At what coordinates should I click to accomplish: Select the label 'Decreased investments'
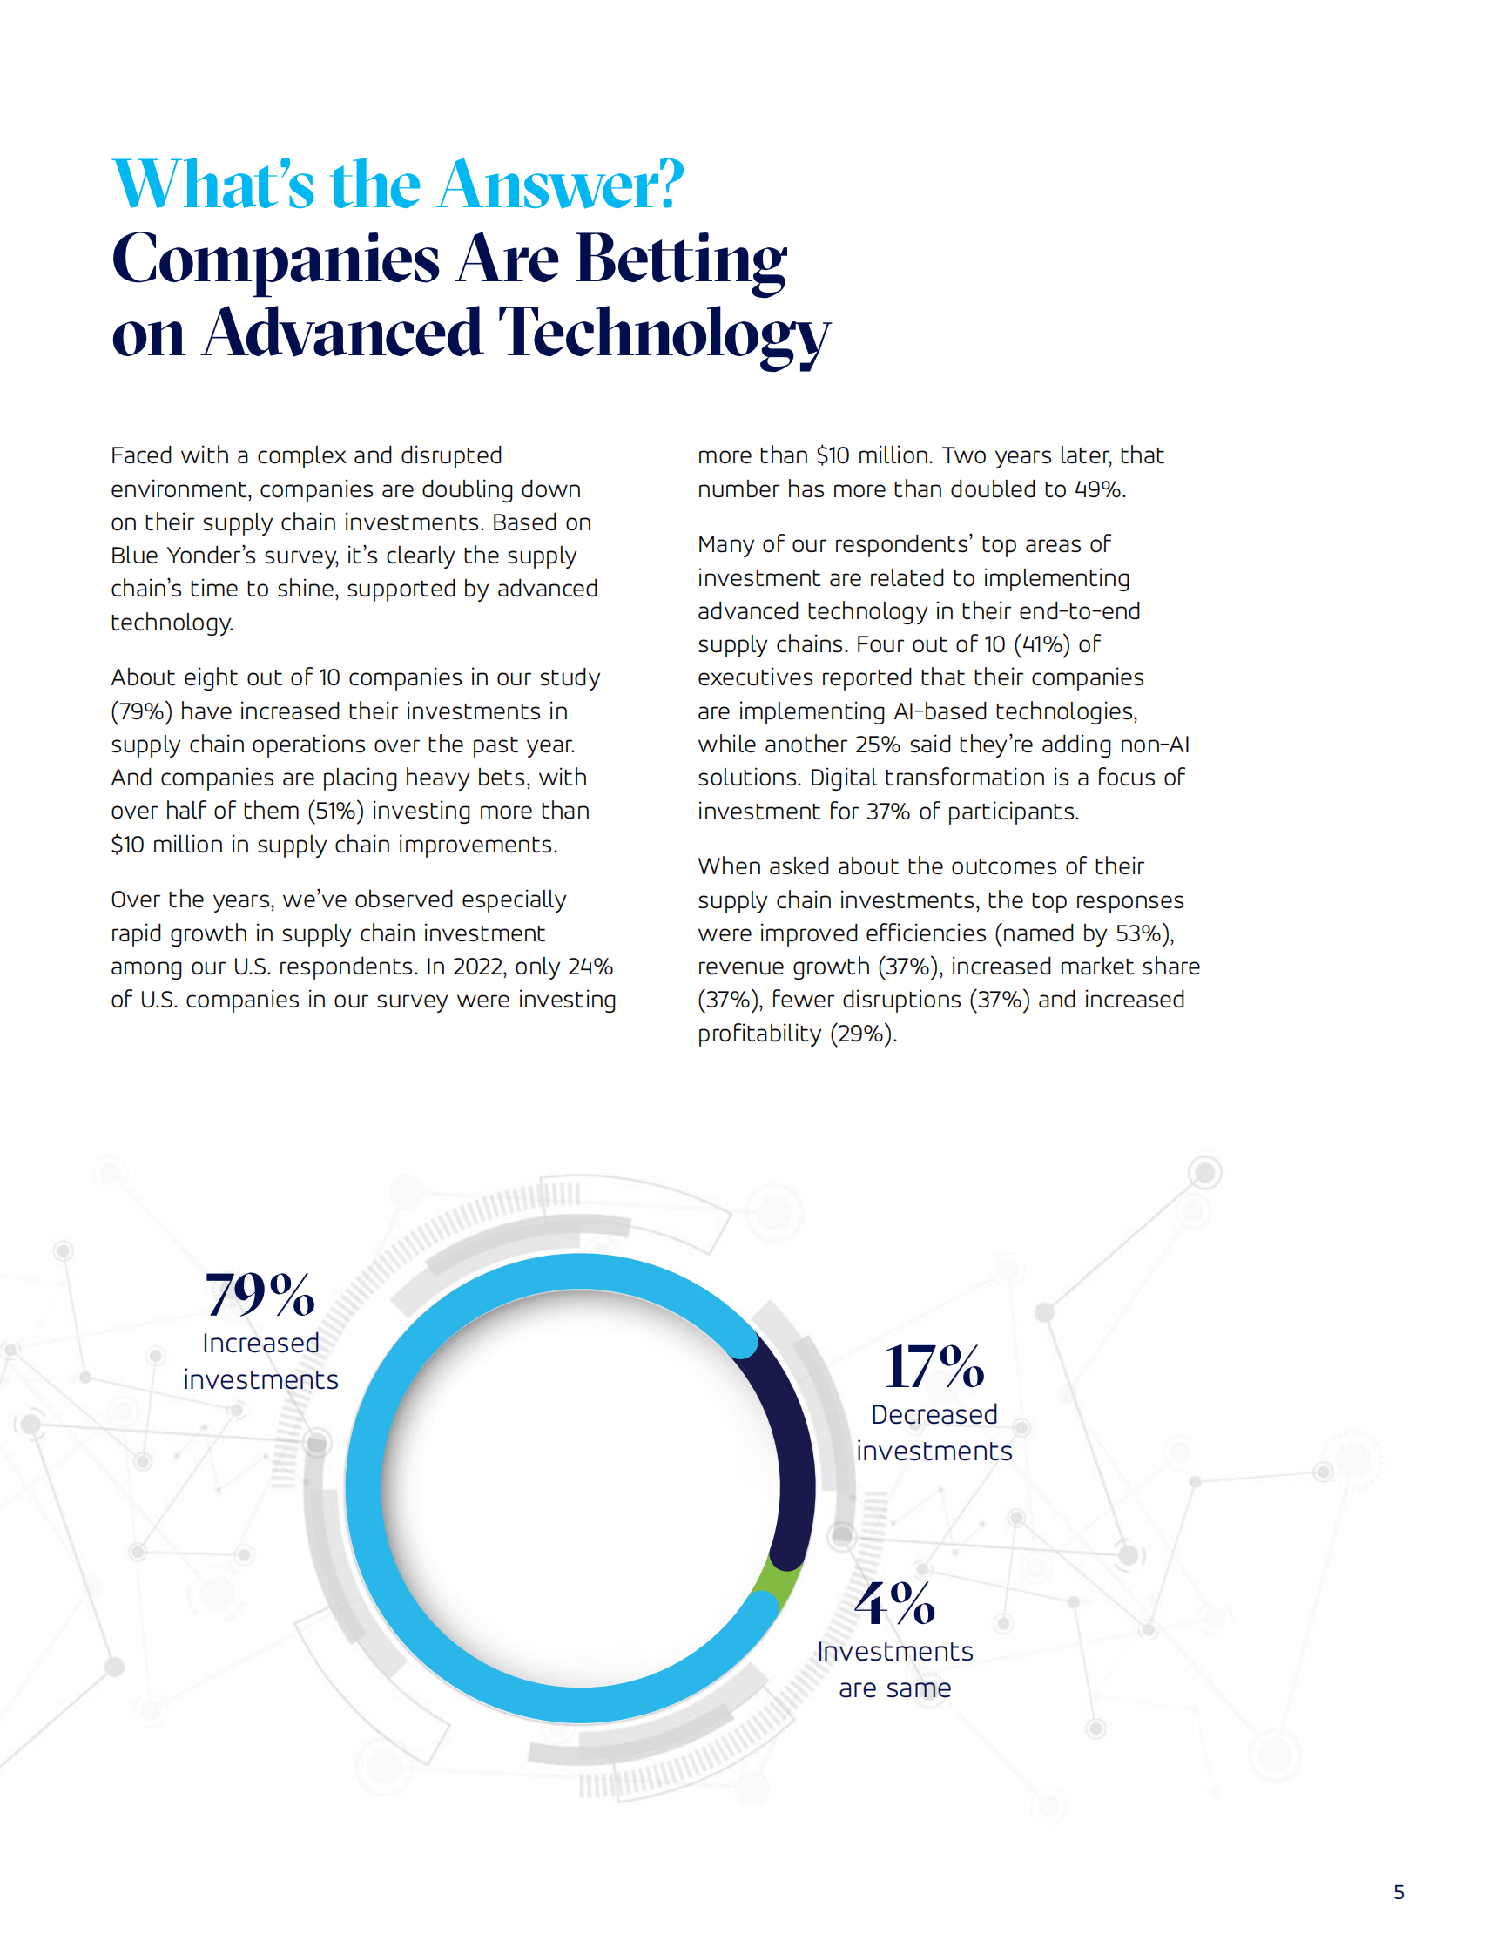(x=934, y=1432)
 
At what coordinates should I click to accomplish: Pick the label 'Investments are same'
(x=894, y=1669)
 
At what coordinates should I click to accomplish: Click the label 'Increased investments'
(x=260, y=1361)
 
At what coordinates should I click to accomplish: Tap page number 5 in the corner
(x=1399, y=1892)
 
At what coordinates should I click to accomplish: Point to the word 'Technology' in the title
(x=664, y=334)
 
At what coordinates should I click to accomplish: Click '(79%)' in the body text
(x=141, y=711)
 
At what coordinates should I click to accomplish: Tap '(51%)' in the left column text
(x=335, y=811)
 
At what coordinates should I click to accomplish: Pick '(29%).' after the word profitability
(x=863, y=1034)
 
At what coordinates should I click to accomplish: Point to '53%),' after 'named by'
(x=1145, y=933)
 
